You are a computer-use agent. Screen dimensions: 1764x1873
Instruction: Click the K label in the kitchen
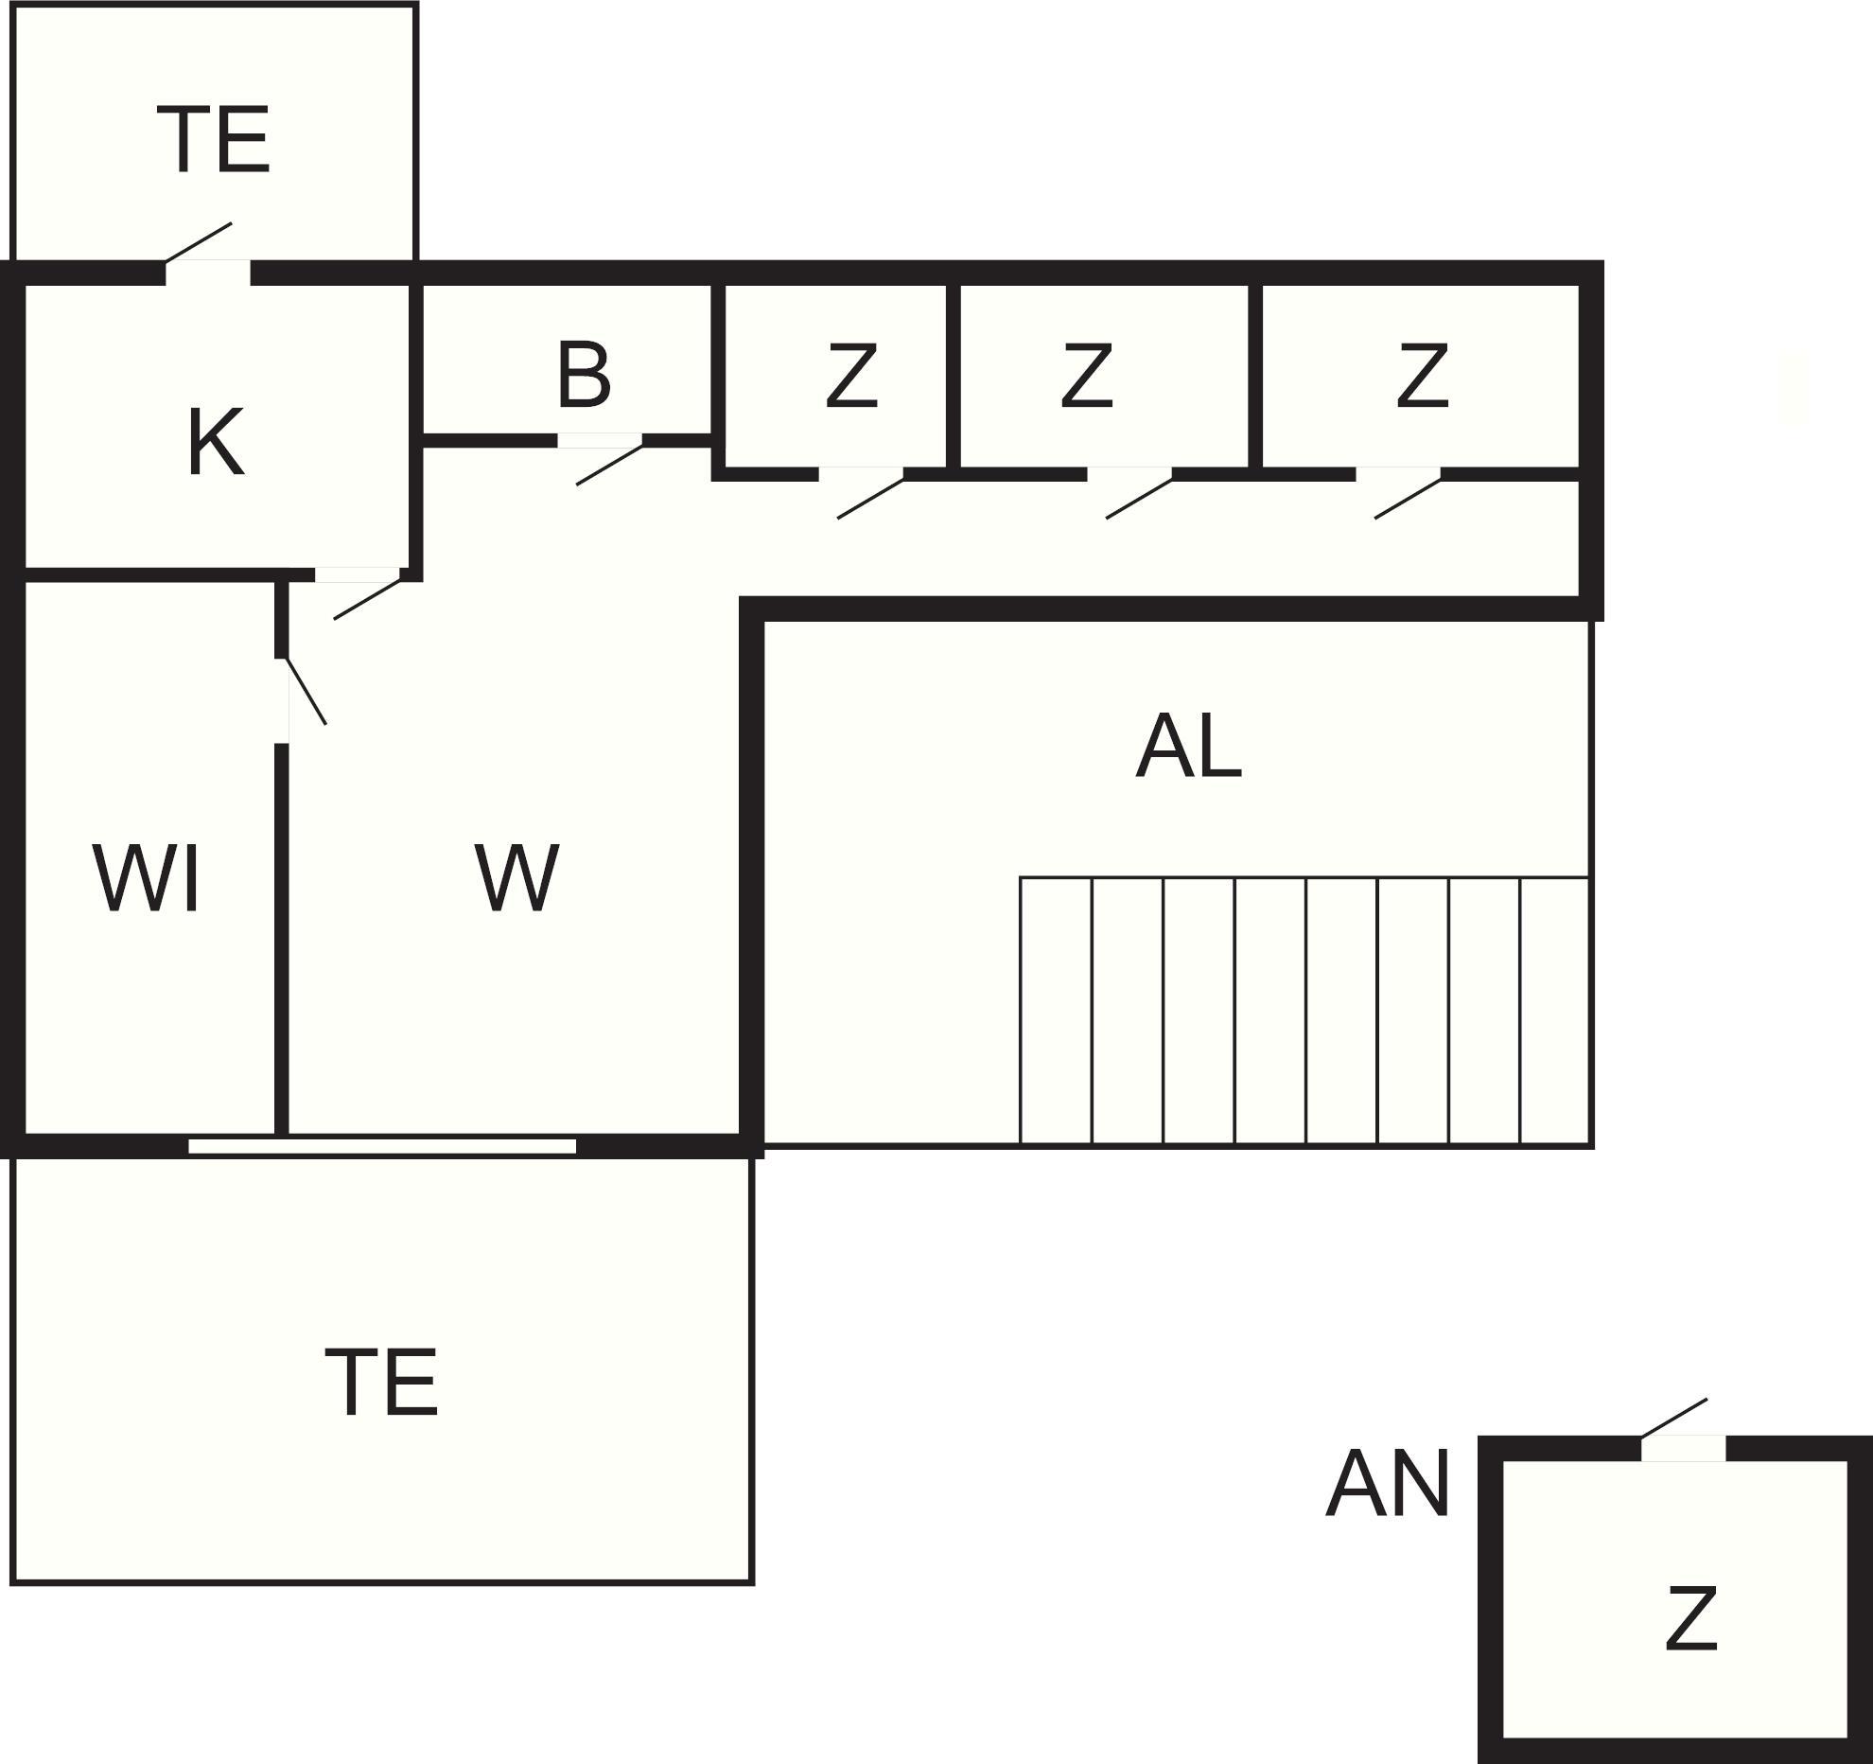click(216, 441)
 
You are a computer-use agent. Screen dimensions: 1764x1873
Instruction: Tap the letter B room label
click(584, 376)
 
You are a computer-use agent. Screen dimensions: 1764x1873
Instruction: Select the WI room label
click(147, 879)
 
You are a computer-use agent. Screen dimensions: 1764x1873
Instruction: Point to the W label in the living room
click(516, 879)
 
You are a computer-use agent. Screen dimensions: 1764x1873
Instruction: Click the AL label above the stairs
click(1188, 748)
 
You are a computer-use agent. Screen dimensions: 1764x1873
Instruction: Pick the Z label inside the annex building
click(1690, 1620)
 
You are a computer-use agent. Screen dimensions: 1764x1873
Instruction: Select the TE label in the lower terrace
click(382, 1384)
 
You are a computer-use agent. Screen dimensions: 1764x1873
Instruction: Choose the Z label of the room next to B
click(851, 377)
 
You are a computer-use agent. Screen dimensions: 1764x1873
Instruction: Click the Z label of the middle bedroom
click(1086, 377)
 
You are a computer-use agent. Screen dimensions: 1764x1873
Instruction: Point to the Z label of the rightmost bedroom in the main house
click(1422, 377)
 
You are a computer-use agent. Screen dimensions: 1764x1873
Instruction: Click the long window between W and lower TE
click(382, 1146)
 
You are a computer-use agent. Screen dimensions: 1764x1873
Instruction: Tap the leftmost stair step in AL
click(1056, 1011)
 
